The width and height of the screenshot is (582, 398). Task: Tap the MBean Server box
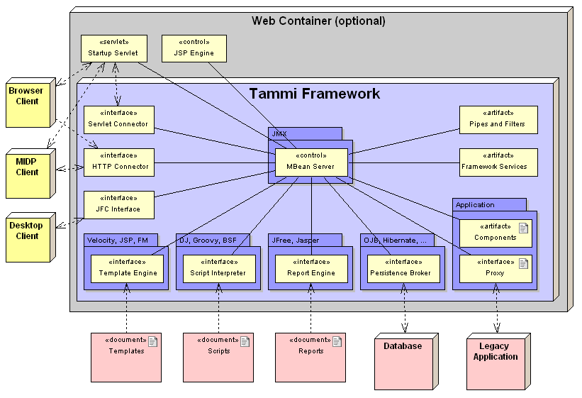311,162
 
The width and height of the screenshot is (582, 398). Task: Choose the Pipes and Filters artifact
498,120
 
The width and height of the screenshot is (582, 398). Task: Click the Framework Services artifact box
498,162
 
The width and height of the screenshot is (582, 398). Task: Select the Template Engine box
127,269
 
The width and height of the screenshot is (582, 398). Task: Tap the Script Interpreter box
218,269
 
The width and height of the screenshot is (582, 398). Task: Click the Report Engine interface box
312,269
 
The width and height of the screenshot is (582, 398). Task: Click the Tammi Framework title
314,94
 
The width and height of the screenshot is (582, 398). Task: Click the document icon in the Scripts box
245,342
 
